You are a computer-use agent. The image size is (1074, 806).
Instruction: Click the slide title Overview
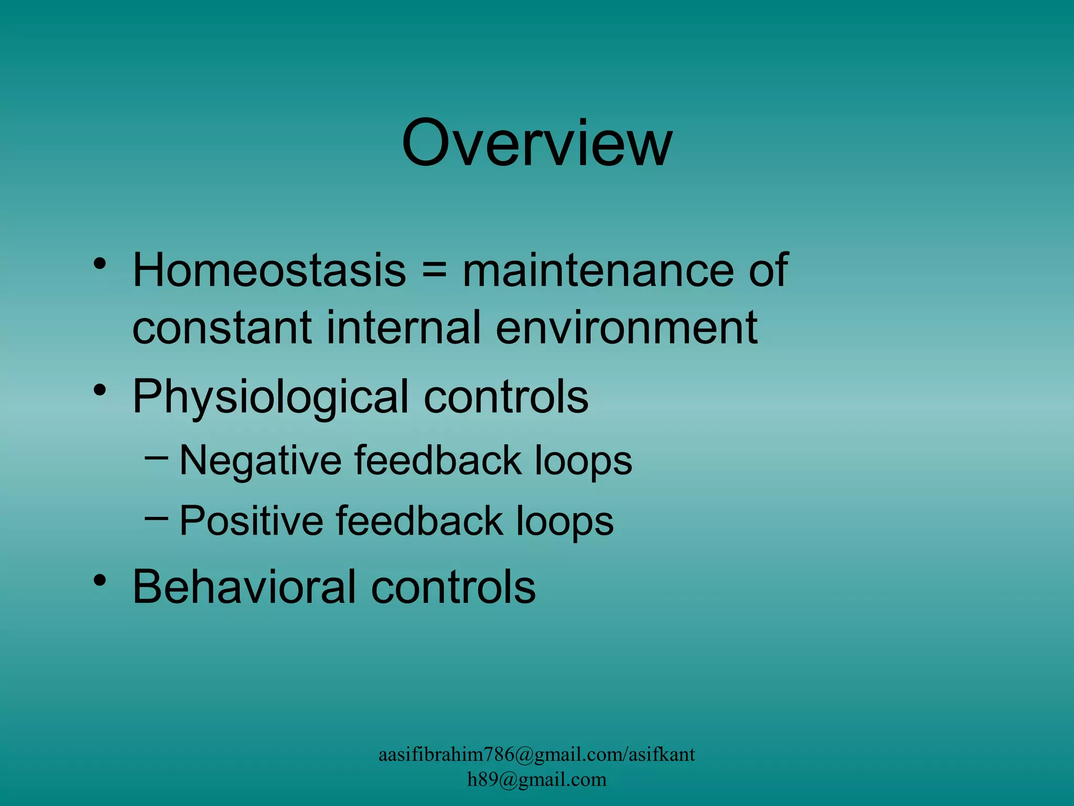pos(536,143)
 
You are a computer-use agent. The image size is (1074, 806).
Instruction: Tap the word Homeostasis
pos(269,270)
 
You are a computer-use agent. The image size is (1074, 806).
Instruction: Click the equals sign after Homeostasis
pos(434,271)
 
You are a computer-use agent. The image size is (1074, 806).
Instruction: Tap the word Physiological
pos(270,397)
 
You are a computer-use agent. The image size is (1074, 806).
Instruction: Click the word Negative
pos(261,461)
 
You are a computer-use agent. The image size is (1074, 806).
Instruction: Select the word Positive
pos(251,521)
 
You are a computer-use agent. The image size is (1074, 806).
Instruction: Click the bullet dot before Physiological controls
pos(100,390)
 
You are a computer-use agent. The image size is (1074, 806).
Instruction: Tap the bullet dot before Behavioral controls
pos(100,580)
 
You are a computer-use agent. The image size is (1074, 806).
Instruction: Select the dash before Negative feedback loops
pos(156,458)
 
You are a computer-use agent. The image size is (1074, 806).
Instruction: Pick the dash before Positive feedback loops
pos(156,518)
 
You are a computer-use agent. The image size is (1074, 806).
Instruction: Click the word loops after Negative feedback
pos(583,461)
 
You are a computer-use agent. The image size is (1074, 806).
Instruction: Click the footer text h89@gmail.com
pos(536,779)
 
